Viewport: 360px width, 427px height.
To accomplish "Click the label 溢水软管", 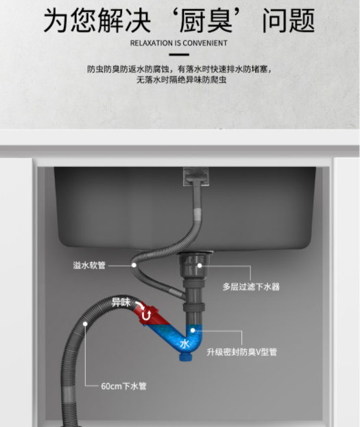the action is click(89, 265).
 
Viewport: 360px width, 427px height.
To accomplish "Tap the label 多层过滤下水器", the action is click(251, 286).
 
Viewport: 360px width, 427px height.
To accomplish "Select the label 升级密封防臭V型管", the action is click(241, 352).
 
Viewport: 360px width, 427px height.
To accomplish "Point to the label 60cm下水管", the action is click(124, 386).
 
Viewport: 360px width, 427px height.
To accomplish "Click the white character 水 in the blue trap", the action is click(184, 344).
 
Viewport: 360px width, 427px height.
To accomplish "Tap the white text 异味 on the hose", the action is click(121, 302).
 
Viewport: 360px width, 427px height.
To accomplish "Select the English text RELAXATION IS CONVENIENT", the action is click(179, 43).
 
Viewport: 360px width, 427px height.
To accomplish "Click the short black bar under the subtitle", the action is click(179, 54).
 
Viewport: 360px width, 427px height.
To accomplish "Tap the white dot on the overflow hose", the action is click(134, 265).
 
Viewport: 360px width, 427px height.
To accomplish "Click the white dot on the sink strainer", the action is click(200, 265).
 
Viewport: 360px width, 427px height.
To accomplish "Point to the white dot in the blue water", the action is click(193, 330).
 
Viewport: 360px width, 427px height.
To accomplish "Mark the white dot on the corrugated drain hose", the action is click(85, 324).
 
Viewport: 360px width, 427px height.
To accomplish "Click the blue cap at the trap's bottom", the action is click(186, 356).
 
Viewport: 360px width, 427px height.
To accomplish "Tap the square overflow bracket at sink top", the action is click(196, 176).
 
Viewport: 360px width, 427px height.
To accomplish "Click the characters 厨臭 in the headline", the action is click(206, 20).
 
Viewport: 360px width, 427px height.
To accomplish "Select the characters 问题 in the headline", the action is click(289, 20).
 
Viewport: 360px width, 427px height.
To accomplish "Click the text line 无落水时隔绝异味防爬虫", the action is click(181, 80).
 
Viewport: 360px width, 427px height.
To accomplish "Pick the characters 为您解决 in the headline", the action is click(97, 20).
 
